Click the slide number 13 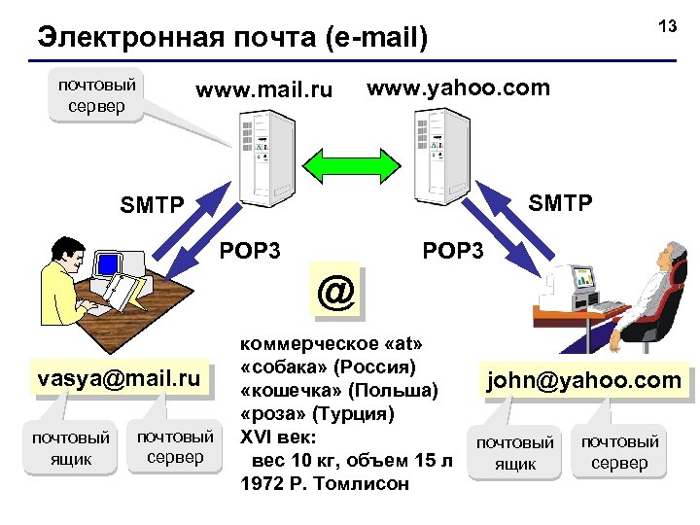667,26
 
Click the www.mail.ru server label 263,91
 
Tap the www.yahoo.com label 458,88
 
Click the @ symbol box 335,291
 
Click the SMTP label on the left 151,205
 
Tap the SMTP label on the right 559,203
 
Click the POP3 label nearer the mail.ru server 250,251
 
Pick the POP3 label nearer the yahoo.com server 452,251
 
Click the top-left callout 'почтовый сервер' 97,94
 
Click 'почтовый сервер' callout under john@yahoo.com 620,452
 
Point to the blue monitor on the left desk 109,263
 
